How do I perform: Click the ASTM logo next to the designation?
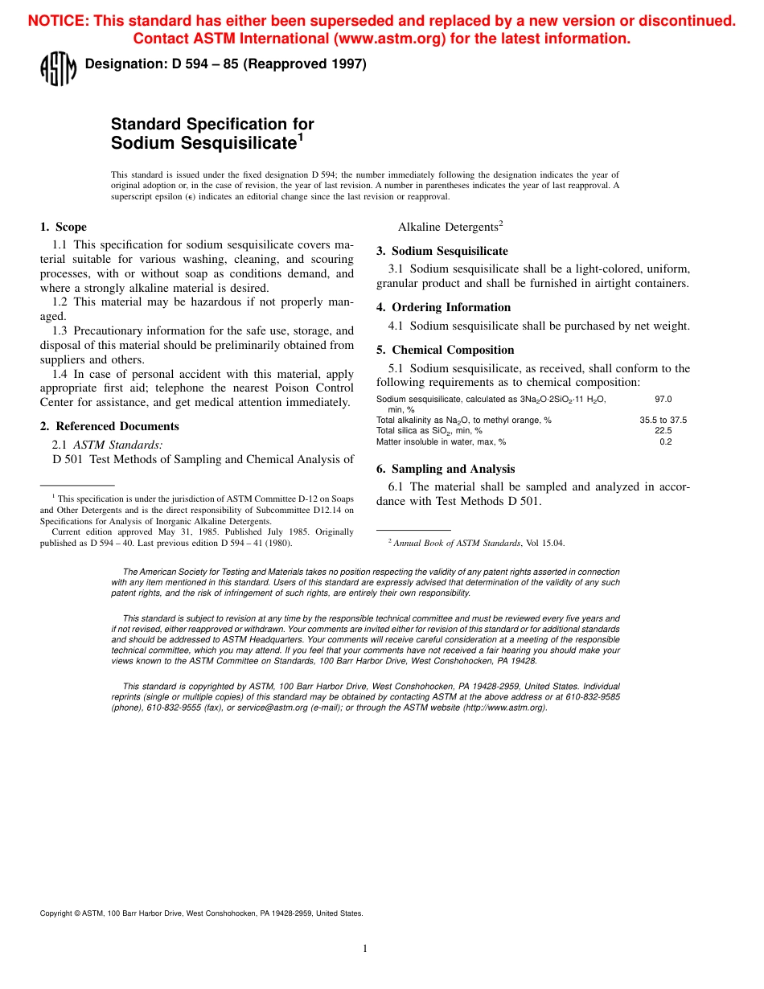[57, 69]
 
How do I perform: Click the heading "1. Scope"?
[64, 227]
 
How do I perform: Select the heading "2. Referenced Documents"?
[109, 426]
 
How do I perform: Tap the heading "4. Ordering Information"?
[443, 307]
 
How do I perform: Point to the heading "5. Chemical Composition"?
[445, 350]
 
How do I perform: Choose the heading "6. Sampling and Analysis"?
[446, 469]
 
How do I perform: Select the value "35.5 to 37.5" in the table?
[663, 420]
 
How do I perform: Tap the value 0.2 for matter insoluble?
[665, 441]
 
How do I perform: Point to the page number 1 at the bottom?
[364, 949]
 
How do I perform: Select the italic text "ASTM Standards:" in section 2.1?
[118, 445]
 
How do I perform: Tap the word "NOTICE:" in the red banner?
[58, 22]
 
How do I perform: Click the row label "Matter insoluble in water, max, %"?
[441, 441]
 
